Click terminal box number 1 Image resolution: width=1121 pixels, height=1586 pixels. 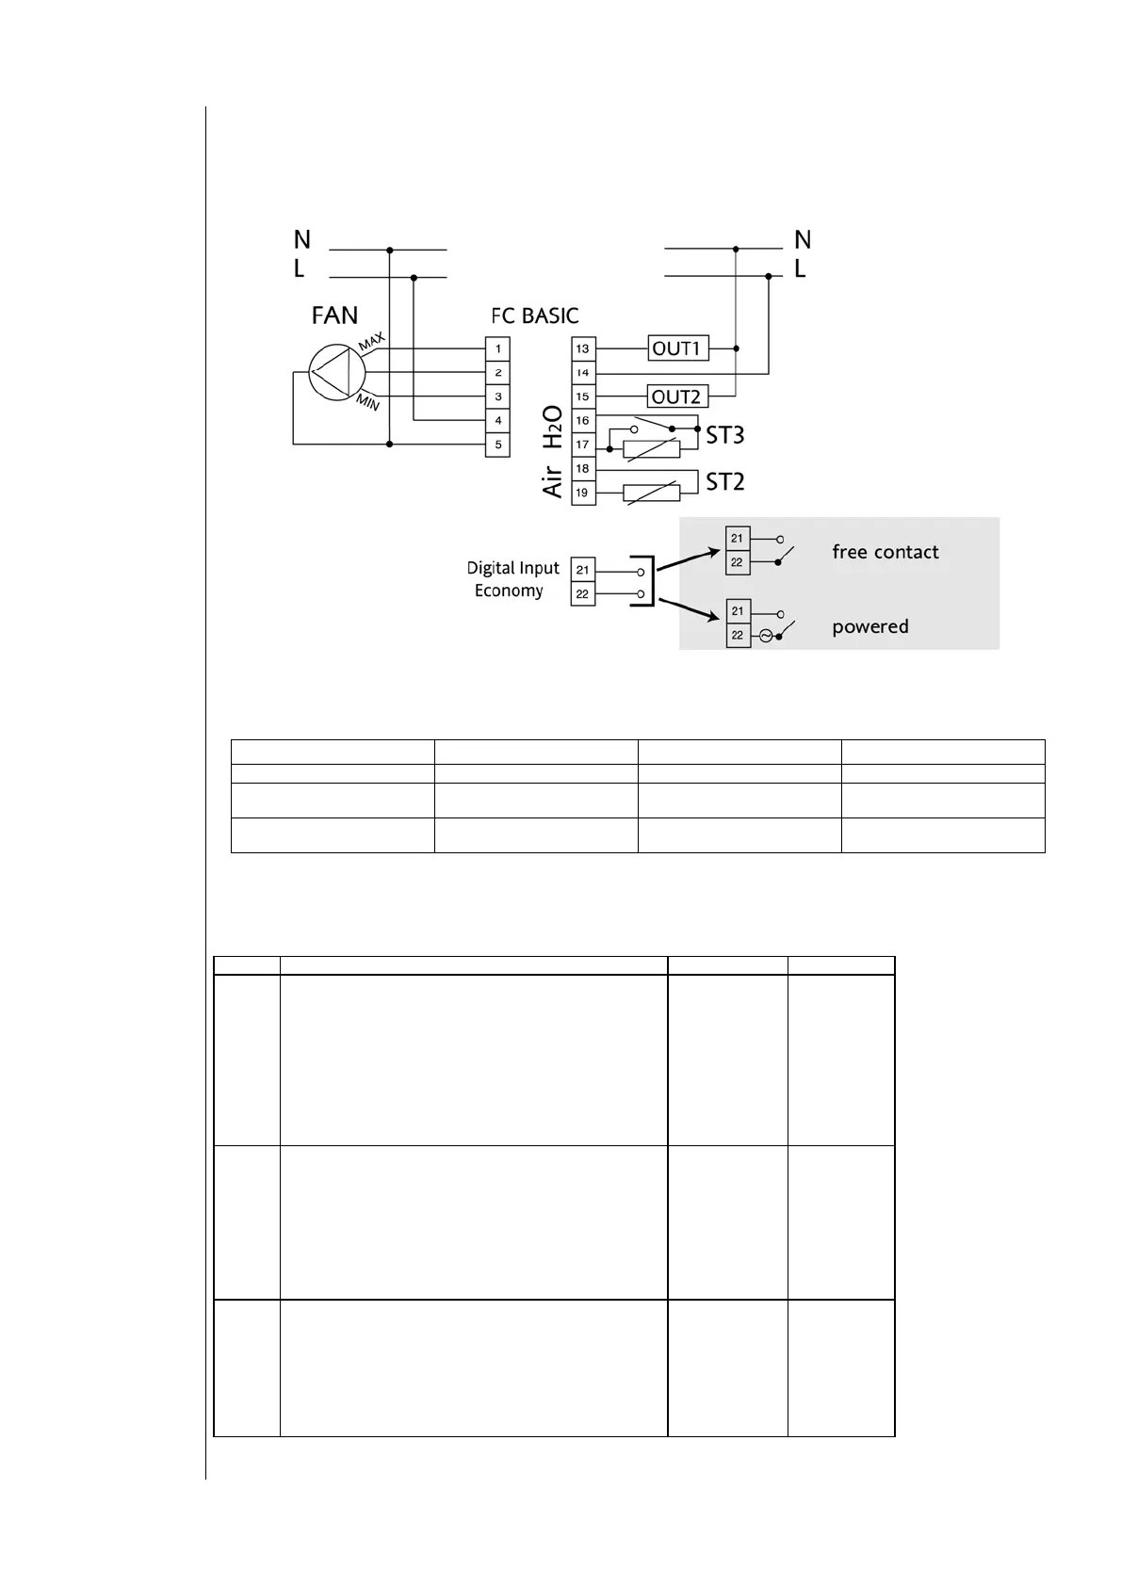tap(498, 348)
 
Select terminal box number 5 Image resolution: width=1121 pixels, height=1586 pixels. tap(498, 445)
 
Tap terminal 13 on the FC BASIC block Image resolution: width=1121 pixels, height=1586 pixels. tap(583, 348)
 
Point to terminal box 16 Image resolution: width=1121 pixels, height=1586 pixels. tap(583, 421)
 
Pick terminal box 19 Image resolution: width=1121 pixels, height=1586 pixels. tap(583, 493)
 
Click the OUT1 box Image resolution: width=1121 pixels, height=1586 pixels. tap(676, 348)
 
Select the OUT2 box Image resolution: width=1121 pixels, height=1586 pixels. tap(676, 396)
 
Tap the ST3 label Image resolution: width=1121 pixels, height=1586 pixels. tap(725, 435)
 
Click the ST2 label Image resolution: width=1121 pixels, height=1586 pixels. tap(725, 482)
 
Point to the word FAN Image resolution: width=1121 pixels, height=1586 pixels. tap(334, 315)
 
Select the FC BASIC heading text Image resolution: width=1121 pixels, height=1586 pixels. tap(534, 316)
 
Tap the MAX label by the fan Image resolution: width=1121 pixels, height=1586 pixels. tap(371, 341)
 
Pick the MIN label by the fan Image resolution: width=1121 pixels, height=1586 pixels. tap(367, 403)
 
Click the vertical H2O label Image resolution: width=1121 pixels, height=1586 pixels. tap(553, 427)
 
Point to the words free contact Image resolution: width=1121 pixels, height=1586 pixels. tap(885, 552)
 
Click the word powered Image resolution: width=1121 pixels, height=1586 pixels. tap(869, 626)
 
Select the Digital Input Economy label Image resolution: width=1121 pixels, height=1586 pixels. tap(512, 579)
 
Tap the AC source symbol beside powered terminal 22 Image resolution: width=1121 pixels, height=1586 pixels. tap(765, 636)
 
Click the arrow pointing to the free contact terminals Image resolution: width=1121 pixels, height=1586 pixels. tap(688, 559)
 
